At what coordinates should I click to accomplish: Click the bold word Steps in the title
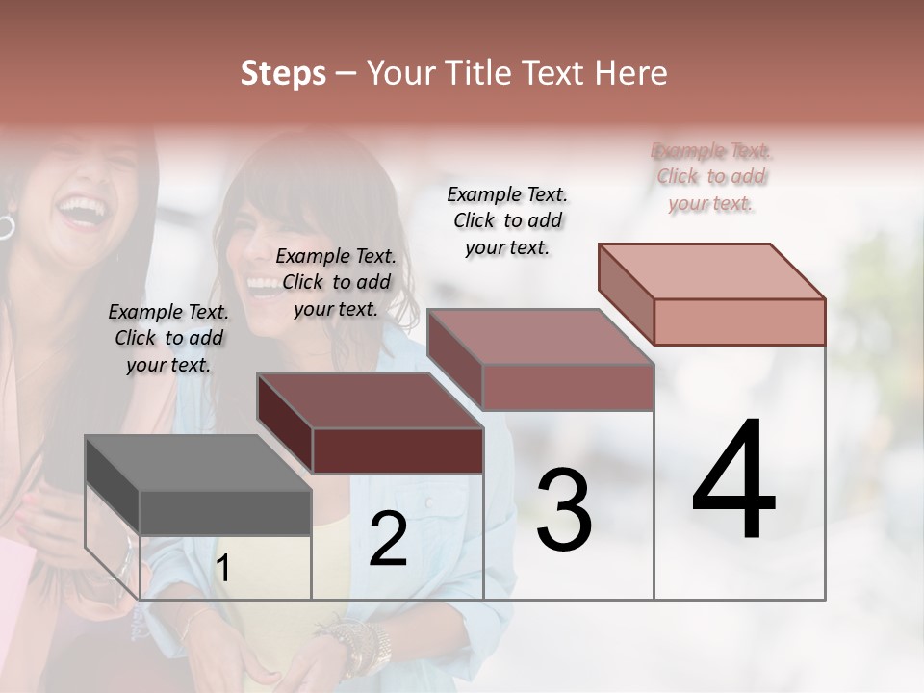click(x=283, y=73)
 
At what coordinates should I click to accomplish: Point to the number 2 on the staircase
click(x=388, y=539)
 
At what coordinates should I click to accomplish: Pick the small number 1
click(x=222, y=569)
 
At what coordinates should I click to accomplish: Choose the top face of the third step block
click(x=540, y=337)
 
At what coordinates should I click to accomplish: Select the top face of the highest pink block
click(x=711, y=271)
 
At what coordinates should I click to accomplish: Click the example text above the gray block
click(x=168, y=338)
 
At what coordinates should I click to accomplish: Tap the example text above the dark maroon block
click(x=336, y=282)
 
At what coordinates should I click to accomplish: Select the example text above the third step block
click(x=507, y=220)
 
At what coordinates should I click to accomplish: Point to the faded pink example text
click(x=711, y=177)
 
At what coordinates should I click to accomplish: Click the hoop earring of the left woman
click(x=6, y=227)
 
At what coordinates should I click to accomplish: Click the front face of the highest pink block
click(x=739, y=321)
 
